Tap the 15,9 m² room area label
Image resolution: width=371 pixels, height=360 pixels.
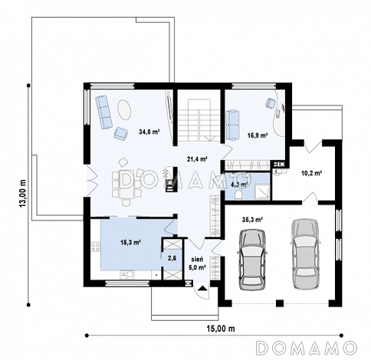tap(258, 136)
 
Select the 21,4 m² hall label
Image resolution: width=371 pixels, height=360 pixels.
tap(197, 159)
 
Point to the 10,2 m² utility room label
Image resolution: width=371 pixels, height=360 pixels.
tap(311, 173)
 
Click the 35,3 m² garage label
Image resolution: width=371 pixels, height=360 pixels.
tap(253, 219)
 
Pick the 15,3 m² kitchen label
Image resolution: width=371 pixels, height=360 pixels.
tap(131, 242)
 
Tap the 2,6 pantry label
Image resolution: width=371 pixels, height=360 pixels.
tap(172, 258)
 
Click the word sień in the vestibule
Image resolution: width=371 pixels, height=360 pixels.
tap(197, 260)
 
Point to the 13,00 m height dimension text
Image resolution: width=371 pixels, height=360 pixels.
tap(23, 193)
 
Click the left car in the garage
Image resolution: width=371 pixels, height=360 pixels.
tap(252, 260)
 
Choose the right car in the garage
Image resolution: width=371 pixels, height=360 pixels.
tap(306, 254)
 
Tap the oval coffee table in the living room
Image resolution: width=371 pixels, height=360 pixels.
tap(124, 110)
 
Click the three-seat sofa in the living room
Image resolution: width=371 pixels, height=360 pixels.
tap(104, 113)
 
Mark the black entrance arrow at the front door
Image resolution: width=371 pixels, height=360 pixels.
tap(202, 288)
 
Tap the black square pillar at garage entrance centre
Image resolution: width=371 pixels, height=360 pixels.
tap(280, 303)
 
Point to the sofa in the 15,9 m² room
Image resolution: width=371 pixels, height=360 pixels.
tap(232, 125)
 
